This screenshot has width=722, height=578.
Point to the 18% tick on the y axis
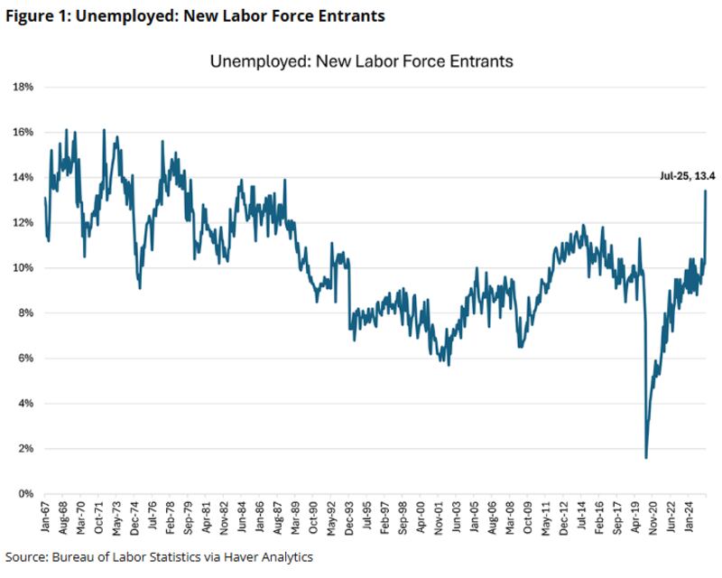tap(23, 87)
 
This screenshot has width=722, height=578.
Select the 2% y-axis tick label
tap(24, 449)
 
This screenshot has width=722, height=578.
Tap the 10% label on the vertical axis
tap(23, 268)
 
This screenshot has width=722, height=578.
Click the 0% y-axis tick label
tap(24, 494)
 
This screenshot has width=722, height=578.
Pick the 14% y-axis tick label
tap(23, 178)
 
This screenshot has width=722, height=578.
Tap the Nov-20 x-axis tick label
tap(647, 519)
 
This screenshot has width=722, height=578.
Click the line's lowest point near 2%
tap(646, 457)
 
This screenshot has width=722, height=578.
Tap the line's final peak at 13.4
tap(705, 191)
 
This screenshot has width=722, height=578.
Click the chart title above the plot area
tap(361, 62)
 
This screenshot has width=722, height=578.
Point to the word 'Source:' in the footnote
tap(28, 557)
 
